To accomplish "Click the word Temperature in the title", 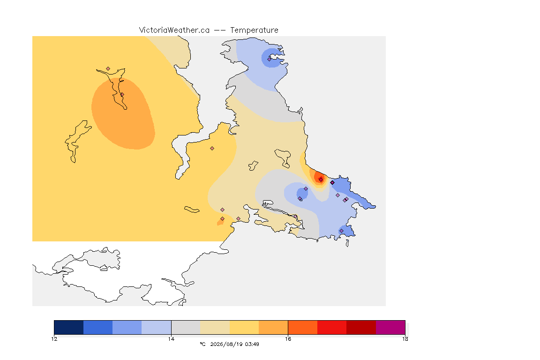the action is coord(254,30).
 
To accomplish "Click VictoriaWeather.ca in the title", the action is coord(174,30).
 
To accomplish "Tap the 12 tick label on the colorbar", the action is coord(54,339).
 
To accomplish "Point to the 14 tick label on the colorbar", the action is coord(171,339).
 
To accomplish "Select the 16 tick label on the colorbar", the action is coord(288,339).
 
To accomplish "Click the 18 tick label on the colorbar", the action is coord(405,339).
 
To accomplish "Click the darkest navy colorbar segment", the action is coord(69,327).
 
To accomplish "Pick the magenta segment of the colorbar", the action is coord(390,327).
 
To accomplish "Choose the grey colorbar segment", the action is coord(186,327).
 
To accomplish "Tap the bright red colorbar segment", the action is coord(332,327).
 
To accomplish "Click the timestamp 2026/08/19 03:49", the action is coord(234,344).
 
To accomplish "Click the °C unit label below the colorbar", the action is coord(203,344).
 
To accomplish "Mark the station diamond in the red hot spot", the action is coord(321,180).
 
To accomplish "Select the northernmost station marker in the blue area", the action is coord(270,59).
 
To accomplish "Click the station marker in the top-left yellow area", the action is coord(108,69).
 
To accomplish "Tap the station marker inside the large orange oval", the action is coord(122,94).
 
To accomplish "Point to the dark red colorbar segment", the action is coord(361,327).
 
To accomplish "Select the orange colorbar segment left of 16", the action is coord(273,327).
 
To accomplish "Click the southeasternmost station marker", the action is coord(341,231).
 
